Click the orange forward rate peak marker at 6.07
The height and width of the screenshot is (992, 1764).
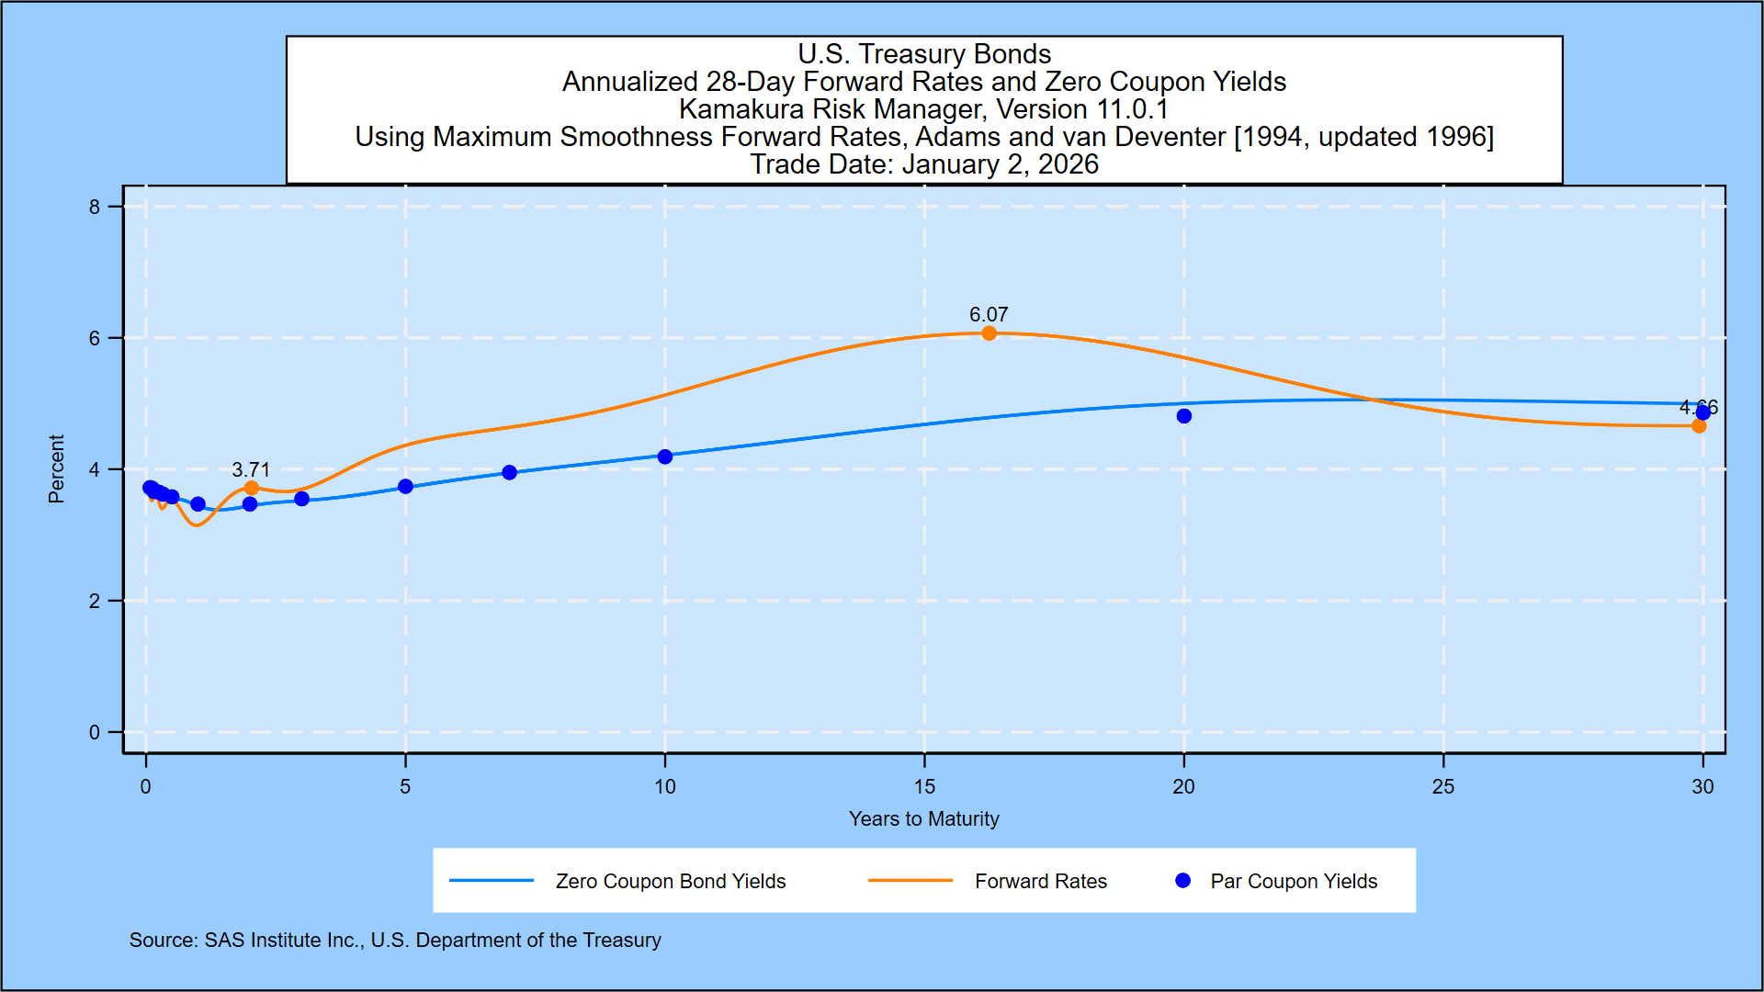pyautogui.click(x=989, y=333)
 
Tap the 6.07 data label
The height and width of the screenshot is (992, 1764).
pyautogui.click(x=989, y=314)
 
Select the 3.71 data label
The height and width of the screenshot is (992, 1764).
pyautogui.click(x=251, y=469)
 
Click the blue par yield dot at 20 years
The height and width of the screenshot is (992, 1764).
pyautogui.click(x=1184, y=416)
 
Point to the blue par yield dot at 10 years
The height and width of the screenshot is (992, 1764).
pyautogui.click(x=665, y=457)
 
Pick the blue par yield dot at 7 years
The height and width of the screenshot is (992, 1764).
pyautogui.click(x=510, y=472)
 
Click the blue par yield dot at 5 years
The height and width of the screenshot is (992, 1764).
pyautogui.click(x=405, y=486)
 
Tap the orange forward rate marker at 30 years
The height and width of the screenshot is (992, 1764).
pyautogui.click(x=1699, y=425)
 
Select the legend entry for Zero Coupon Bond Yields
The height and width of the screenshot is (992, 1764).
pyautogui.click(x=671, y=881)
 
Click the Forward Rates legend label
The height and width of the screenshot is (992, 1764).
pyautogui.click(x=1041, y=881)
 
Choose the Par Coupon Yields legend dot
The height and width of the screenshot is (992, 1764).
pyautogui.click(x=1183, y=881)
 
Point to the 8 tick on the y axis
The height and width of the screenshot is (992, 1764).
pyautogui.click(x=95, y=207)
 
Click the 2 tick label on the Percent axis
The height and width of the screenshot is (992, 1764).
pyautogui.click(x=95, y=601)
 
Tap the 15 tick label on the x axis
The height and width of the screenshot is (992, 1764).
pyautogui.click(x=924, y=786)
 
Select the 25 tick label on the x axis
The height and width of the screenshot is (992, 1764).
pyautogui.click(x=1443, y=786)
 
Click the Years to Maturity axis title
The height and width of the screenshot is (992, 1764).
pyautogui.click(x=924, y=818)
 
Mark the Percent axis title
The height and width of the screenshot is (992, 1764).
pyautogui.click(x=56, y=468)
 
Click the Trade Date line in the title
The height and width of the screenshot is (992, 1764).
pyautogui.click(x=924, y=164)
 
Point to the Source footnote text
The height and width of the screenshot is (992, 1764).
pyautogui.click(x=395, y=940)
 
